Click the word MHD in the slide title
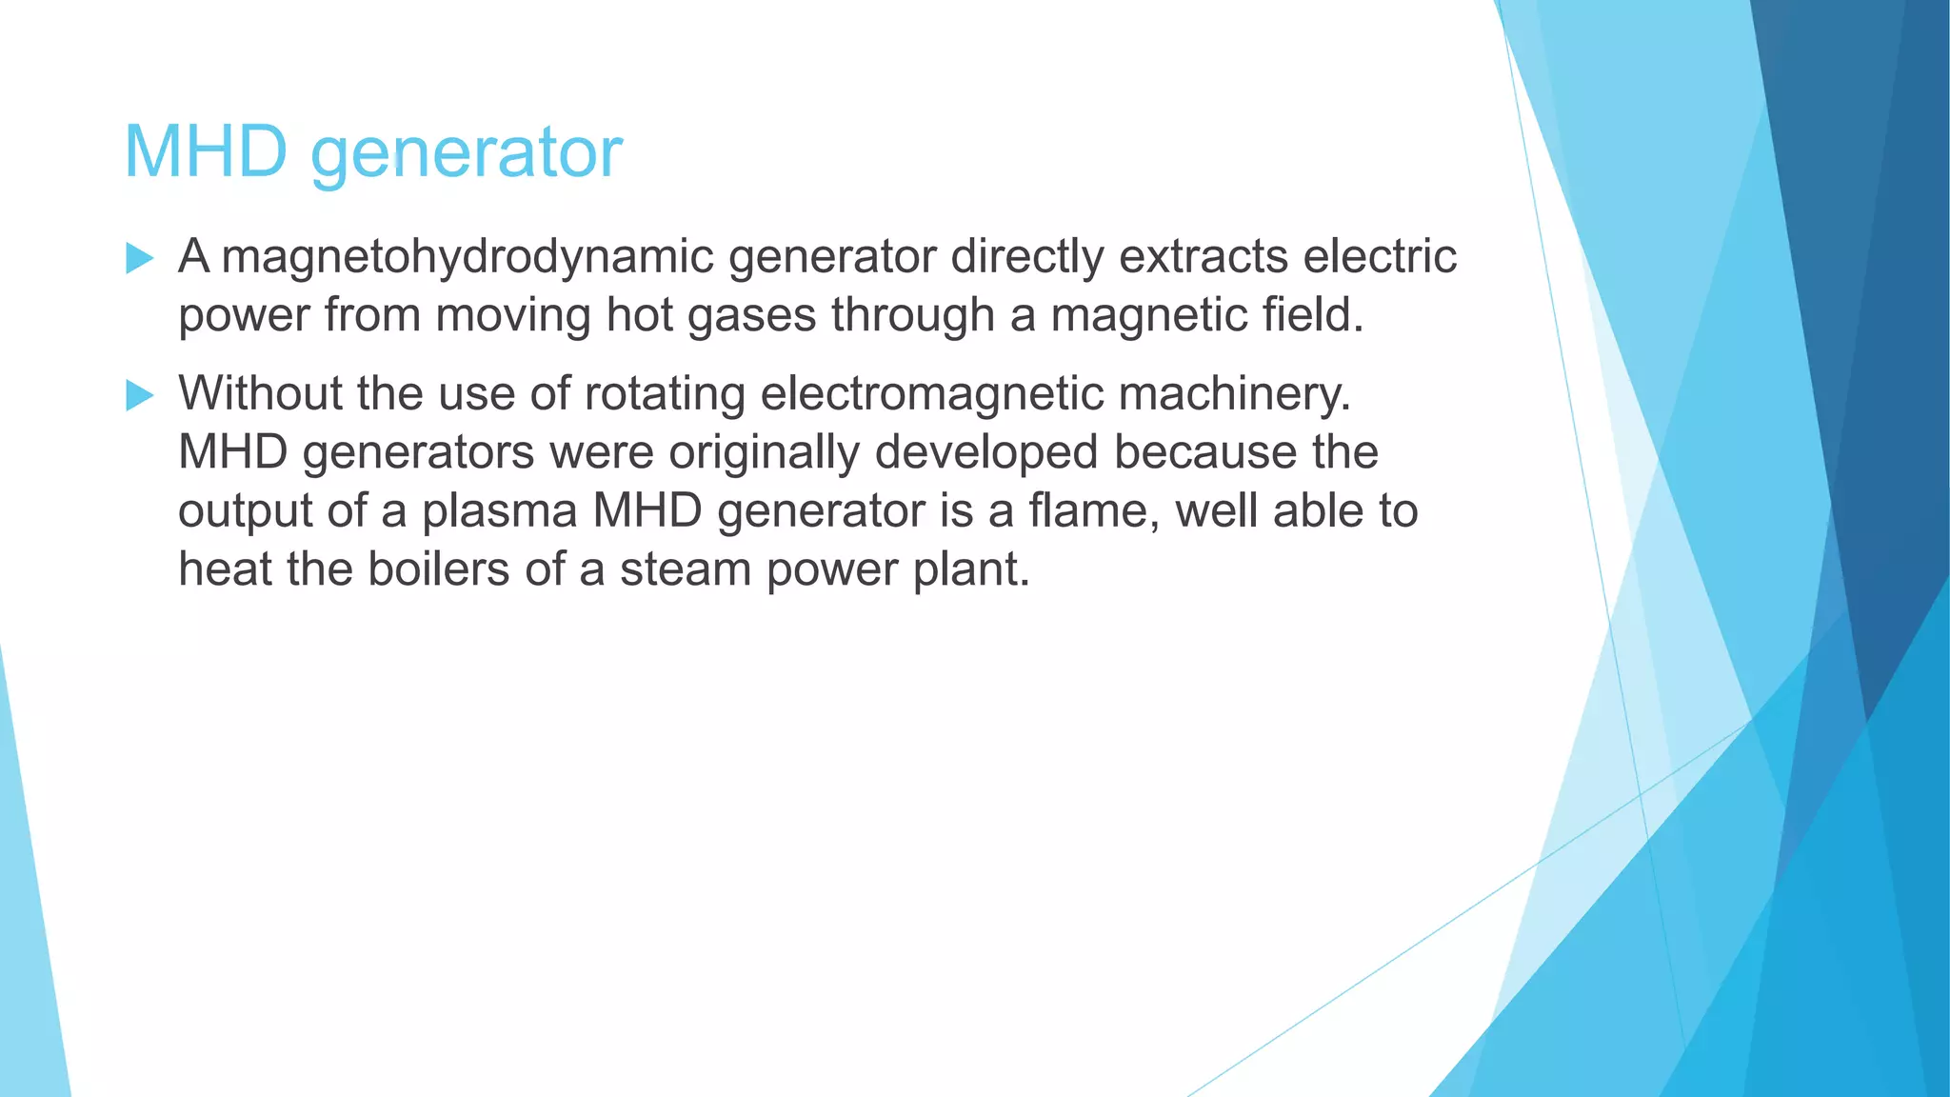point(206,151)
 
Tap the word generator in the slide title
point(467,154)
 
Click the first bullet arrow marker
point(140,258)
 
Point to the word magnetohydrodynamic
point(468,257)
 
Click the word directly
point(1026,257)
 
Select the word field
point(1313,315)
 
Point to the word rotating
point(665,393)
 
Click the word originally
point(764,452)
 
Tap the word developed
point(986,452)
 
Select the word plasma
point(499,511)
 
